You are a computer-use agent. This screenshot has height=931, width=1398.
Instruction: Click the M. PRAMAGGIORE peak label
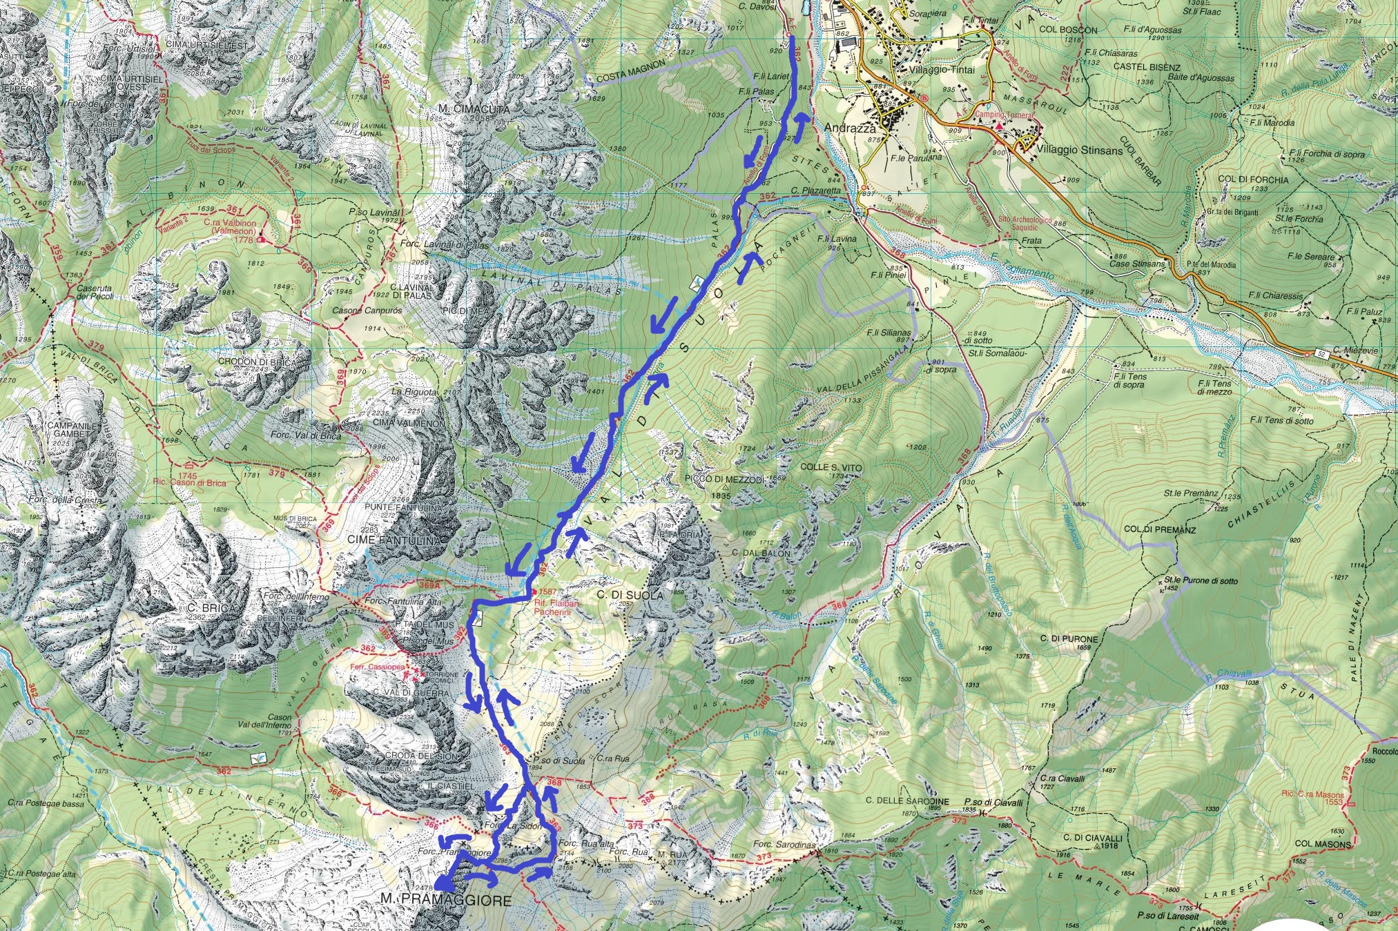447,900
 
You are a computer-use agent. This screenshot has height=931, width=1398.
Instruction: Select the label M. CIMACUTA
474,109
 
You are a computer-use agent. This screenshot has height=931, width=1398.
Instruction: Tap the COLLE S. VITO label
831,467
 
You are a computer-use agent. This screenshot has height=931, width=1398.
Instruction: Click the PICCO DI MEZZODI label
724,479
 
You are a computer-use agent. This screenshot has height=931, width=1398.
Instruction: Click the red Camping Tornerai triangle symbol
999,126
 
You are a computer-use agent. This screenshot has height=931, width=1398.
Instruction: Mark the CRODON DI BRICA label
256,362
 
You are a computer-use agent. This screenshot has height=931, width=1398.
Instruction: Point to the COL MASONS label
1323,843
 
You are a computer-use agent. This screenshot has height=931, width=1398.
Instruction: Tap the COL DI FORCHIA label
1253,179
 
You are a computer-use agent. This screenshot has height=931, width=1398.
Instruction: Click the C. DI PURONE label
1069,639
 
